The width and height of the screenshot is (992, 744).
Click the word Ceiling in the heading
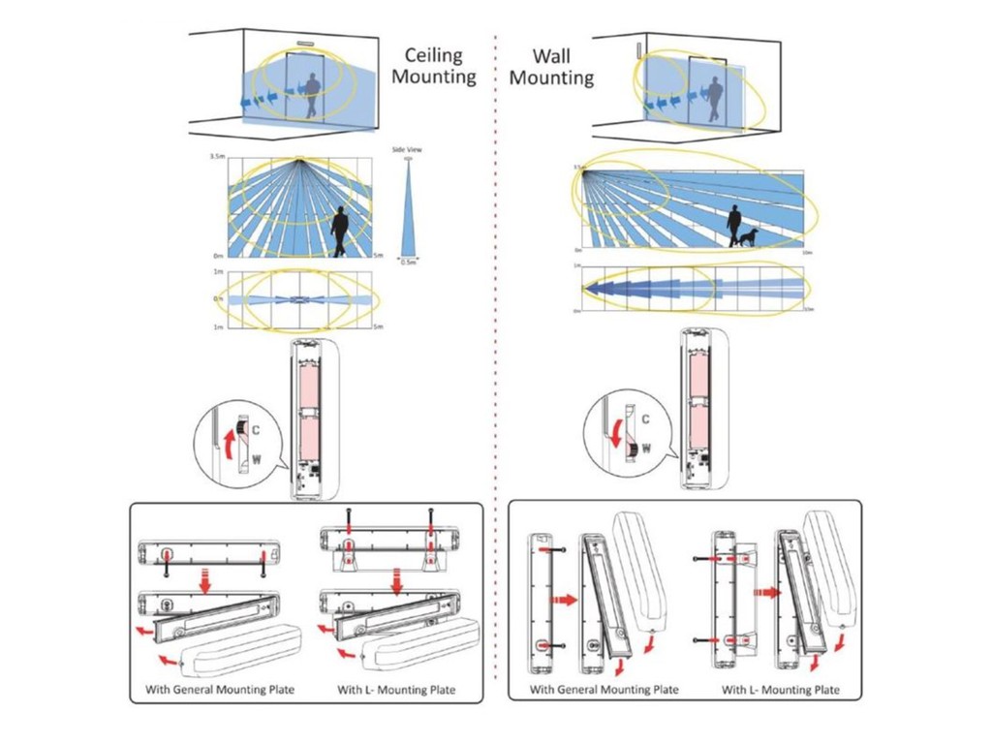(434, 56)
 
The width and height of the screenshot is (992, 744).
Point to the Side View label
(407, 150)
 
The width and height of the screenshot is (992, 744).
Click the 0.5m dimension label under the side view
(408, 263)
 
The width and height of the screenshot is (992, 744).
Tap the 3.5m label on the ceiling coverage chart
(218, 157)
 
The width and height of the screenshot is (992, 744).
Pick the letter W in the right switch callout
(647, 449)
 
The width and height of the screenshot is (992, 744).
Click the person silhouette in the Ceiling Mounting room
(313, 95)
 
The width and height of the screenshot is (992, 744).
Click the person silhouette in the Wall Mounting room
(715, 100)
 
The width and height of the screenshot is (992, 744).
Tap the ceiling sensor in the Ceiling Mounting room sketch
(308, 43)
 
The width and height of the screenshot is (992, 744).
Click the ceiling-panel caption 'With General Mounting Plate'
(213, 690)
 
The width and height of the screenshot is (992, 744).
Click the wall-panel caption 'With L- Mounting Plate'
(780, 690)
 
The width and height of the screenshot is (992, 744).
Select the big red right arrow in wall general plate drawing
(563, 600)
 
